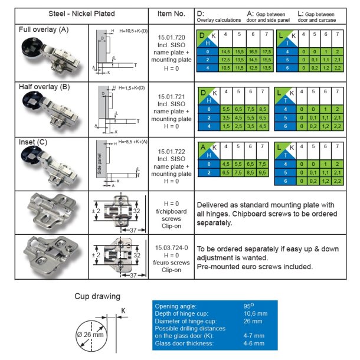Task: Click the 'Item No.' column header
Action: pyautogui.click(x=171, y=13)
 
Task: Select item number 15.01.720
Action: pyautogui.click(x=171, y=37)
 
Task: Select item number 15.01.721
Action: pyautogui.click(x=171, y=96)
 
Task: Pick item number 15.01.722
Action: pyautogui.click(x=171, y=151)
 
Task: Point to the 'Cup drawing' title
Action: pyautogui.click(x=98, y=296)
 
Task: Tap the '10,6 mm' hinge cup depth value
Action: pyautogui.click(x=255, y=313)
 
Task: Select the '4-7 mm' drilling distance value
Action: pyautogui.click(x=254, y=335)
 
